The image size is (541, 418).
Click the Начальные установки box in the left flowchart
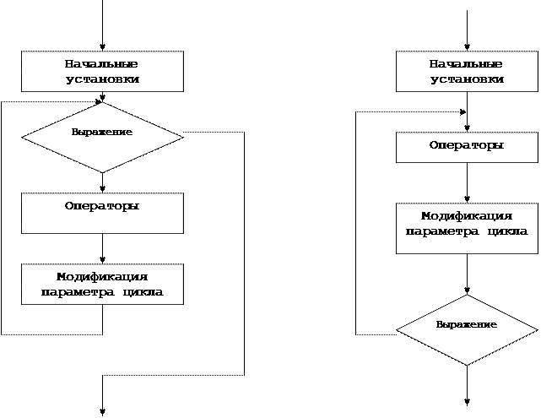point(102,72)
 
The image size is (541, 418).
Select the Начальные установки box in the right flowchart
point(467,72)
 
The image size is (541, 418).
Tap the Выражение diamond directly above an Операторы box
point(102,137)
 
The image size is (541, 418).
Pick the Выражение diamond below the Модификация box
point(467,329)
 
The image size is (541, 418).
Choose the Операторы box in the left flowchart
point(102,213)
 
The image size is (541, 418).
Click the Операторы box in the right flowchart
point(467,147)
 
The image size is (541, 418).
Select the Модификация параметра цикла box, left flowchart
point(102,284)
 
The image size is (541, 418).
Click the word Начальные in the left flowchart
point(102,64)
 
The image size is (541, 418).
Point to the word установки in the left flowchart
point(102,79)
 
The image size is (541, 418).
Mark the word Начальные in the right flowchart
point(467,64)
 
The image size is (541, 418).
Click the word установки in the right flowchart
point(467,79)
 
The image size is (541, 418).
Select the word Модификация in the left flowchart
point(102,277)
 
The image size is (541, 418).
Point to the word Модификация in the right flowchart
point(467,216)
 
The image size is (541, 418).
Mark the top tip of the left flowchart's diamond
point(102,103)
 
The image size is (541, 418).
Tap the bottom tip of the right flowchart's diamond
point(467,365)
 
